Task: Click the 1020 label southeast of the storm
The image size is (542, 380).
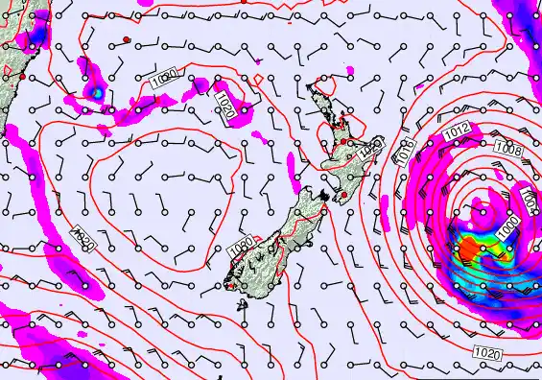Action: [x=488, y=354]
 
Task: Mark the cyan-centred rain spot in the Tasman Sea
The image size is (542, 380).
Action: [x=96, y=92]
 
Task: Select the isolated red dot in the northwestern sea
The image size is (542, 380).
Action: [x=126, y=38]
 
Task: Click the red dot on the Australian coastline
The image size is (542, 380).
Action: [x=22, y=86]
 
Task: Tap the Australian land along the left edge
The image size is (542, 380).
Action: [x=12, y=67]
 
